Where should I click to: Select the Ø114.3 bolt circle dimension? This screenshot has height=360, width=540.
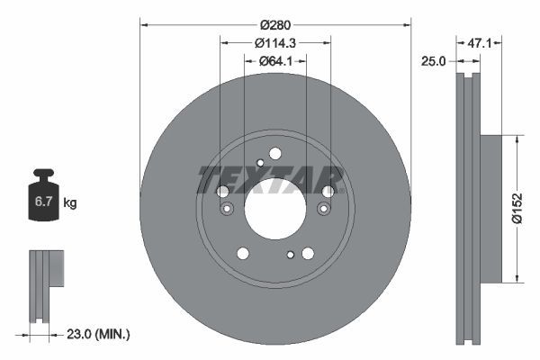[275, 41]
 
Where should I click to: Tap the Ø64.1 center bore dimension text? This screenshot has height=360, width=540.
[275, 61]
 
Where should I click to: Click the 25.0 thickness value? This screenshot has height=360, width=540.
[436, 61]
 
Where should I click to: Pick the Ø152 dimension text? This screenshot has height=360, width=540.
[517, 208]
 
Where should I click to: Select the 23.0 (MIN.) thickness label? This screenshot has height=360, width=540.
[101, 334]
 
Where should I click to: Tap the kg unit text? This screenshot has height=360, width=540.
[69, 203]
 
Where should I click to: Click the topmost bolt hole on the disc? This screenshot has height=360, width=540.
[275, 153]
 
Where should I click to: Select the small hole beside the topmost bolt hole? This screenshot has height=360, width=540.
[260, 162]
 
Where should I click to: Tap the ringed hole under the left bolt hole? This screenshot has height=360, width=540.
[227, 210]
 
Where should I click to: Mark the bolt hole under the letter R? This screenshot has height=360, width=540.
[328, 191]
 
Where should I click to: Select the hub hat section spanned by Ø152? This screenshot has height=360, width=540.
[490, 208]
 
